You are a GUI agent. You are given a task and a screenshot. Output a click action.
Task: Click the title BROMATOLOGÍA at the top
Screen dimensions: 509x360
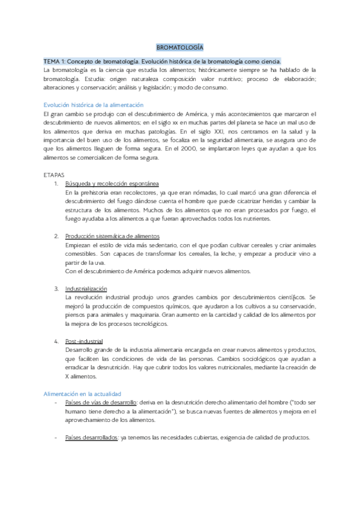click(180, 47)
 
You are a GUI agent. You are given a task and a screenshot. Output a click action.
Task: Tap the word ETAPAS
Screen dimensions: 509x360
click(53, 174)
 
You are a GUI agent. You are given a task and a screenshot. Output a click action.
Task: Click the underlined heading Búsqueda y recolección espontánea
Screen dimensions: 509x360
click(112, 183)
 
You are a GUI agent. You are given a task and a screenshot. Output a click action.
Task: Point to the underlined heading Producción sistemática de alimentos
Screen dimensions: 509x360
click(113, 236)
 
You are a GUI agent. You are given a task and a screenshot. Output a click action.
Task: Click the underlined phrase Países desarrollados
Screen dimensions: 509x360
click(92, 438)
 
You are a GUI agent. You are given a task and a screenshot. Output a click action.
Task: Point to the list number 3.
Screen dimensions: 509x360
click(56, 289)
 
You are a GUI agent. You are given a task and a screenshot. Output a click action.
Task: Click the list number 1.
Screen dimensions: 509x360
click(56, 183)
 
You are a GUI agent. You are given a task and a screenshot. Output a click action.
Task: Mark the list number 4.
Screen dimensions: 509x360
click(56, 342)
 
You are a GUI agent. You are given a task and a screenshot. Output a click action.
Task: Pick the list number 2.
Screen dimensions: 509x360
click(56, 236)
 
